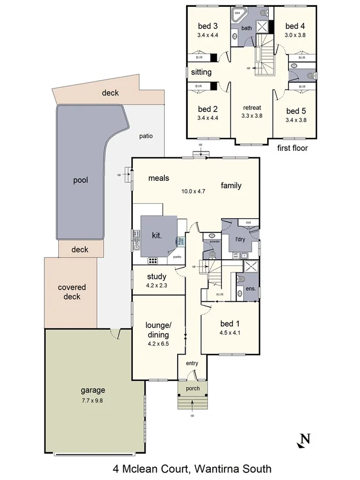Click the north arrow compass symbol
tap(304, 440)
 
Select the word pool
tap(80, 180)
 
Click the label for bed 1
tap(230, 323)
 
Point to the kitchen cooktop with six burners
tap(154, 261)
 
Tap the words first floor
tap(292, 148)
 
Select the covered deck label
tap(71, 292)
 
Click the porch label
tap(192, 388)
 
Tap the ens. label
tap(250, 289)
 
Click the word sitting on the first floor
tap(201, 72)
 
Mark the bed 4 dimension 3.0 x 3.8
tap(295, 35)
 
